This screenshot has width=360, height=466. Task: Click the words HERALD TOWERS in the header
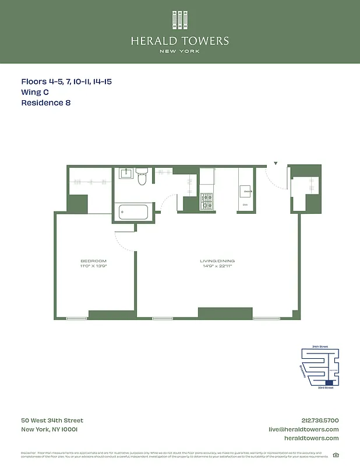click(x=179, y=41)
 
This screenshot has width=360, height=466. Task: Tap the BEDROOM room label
click(x=93, y=260)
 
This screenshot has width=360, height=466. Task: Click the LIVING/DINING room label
click(x=218, y=261)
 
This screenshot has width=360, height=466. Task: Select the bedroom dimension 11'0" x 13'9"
click(x=93, y=266)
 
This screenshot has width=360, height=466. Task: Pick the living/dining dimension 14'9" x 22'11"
click(x=218, y=266)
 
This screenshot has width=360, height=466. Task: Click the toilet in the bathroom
click(x=142, y=178)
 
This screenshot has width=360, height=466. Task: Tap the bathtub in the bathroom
click(x=135, y=211)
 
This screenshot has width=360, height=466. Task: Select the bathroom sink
click(x=126, y=173)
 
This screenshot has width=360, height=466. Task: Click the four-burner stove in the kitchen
click(x=207, y=202)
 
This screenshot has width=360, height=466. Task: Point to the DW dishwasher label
click(x=245, y=205)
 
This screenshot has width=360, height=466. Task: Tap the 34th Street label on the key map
click(x=320, y=347)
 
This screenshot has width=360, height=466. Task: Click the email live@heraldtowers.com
click(x=303, y=429)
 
